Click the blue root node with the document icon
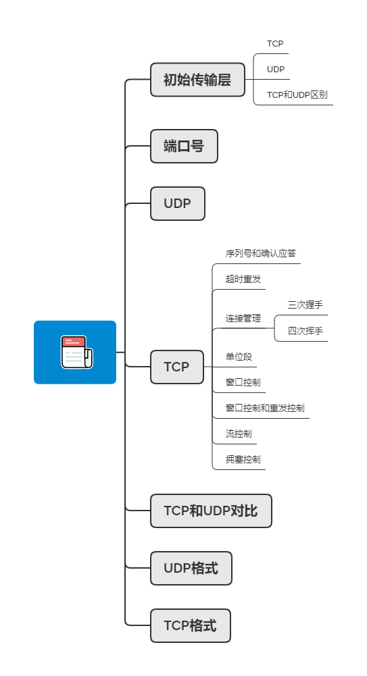coord(75,352)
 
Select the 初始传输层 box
coord(197,80)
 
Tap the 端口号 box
coord(184,146)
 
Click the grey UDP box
coord(177,203)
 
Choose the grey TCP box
coord(176,367)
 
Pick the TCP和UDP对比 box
coord(211,511)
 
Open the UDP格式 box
coord(191,568)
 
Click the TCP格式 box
coord(190,625)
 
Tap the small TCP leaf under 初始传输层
coord(275,44)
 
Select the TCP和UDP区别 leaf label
coord(297,95)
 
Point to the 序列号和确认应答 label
coord(260,254)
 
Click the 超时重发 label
coord(243,280)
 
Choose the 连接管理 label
coord(243,318)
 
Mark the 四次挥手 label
coord(305,331)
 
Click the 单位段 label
coord(239,357)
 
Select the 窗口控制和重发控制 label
coord(265,408)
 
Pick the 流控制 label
coord(239,434)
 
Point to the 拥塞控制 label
coord(243,459)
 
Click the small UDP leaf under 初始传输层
coord(276,70)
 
